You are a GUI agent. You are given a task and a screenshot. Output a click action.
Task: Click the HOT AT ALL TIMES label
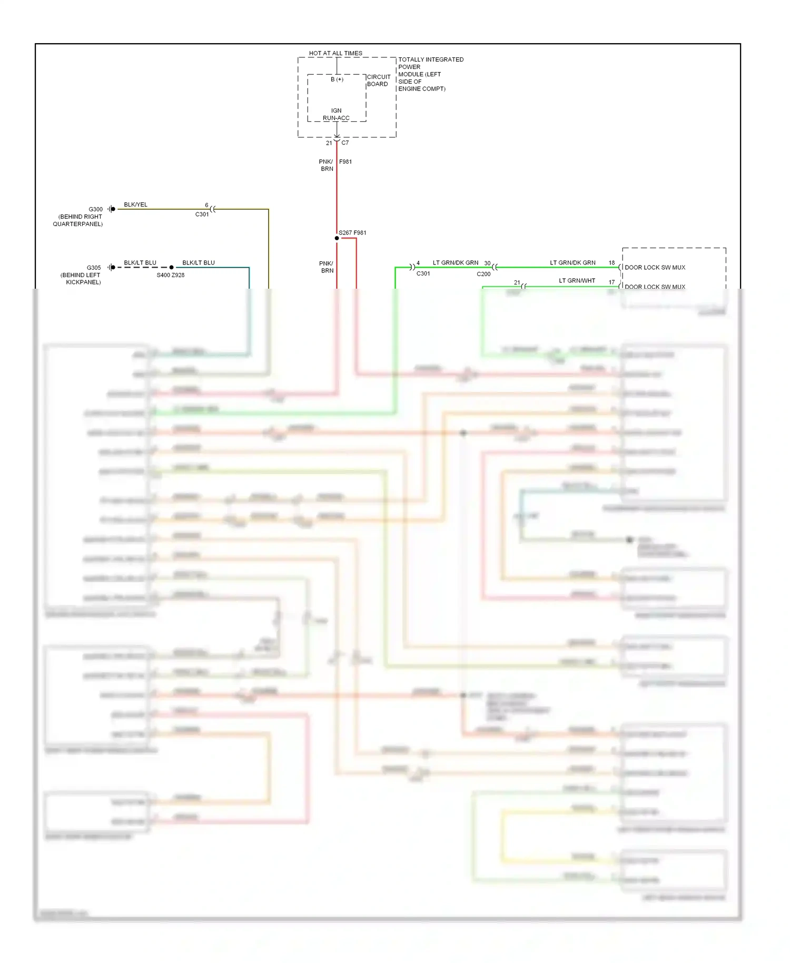pyautogui.click(x=335, y=53)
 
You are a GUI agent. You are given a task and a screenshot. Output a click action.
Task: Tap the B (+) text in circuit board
pyautogui.click(x=337, y=80)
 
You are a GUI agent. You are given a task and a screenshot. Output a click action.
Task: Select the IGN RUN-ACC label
pyautogui.click(x=336, y=114)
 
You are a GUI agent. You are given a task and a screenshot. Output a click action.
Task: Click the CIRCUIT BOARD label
pyautogui.click(x=379, y=80)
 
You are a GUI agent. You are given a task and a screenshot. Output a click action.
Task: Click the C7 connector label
pyautogui.click(x=345, y=143)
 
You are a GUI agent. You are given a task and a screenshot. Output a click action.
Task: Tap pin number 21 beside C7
pyautogui.click(x=329, y=143)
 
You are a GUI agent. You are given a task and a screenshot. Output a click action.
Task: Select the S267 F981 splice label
pyautogui.click(x=352, y=232)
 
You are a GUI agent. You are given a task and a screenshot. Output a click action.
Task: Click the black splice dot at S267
pyautogui.click(x=337, y=238)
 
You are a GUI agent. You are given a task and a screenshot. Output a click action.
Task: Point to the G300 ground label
pyautogui.click(x=95, y=209)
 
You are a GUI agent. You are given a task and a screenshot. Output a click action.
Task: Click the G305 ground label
pyautogui.click(x=94, y=268)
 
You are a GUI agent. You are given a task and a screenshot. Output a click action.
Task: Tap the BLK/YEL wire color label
pyautogui.click(x=135, y=204)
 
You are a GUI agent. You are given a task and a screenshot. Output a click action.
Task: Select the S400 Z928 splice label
pyautogui.click(x=171, y=275)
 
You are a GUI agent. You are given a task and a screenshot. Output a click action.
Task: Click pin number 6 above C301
pyautogui.click(x=206, y=205)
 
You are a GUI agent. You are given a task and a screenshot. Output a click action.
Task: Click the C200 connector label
pyautogui.click(x=483, y=274)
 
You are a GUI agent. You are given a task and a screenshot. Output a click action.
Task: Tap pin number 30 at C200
pyautogui.click(x=487, y=263)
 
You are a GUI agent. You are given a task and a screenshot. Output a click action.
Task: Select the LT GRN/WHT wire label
pyautogui.click(x=577, y=281)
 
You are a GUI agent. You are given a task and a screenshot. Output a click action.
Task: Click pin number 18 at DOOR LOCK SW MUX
pyautogui.click(x=611, y=262)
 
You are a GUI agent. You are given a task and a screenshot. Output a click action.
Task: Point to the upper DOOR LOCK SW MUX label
pyautogui.click(x=655, y=268)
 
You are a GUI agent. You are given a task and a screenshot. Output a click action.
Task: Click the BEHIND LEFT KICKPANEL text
pyautogui.click(x=81, y=279)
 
